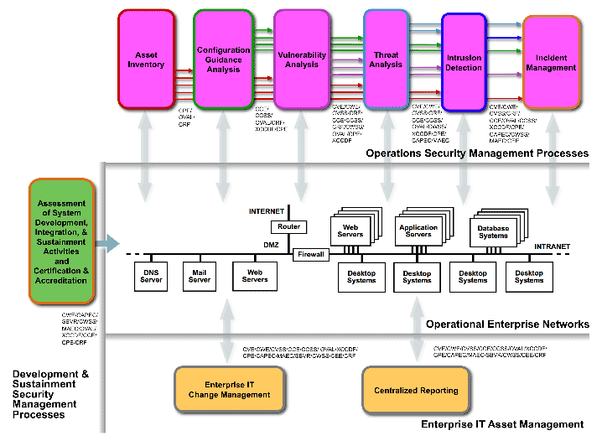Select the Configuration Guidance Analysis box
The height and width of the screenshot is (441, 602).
(223, 60)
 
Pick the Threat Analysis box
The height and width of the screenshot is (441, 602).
(386, 60)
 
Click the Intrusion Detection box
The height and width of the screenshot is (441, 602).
(464, 63)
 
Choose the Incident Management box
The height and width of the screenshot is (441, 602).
(552, 63)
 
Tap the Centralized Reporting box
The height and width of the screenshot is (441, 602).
(417, 390)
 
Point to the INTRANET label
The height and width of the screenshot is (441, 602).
(552, 246)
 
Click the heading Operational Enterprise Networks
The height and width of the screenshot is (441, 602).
(507, 324)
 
